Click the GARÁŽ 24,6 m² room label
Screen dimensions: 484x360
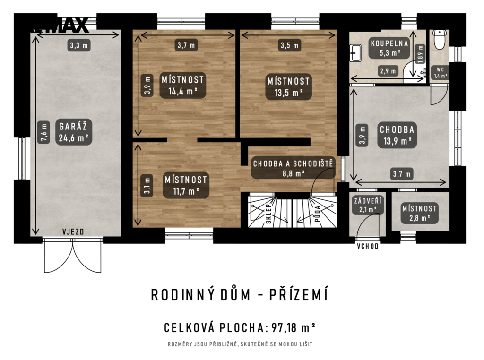[74, 132]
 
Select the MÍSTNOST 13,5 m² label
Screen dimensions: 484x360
[289, 86]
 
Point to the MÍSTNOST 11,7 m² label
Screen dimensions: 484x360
[186, 185]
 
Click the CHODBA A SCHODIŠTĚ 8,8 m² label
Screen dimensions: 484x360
[293, 168]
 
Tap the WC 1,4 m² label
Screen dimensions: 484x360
[441, 73]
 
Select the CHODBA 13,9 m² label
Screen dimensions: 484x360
[397, 135]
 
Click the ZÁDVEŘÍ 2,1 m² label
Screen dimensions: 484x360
[368, 205]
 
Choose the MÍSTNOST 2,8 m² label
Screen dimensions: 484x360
[419, 213]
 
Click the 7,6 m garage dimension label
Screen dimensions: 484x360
[44, 133]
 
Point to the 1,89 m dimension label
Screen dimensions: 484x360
[420, 54]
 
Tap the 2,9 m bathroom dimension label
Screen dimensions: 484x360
[388, 71]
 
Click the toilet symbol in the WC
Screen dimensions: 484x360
[439, 39]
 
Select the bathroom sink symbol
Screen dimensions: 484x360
[355, 53]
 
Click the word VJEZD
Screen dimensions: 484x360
[73, 231]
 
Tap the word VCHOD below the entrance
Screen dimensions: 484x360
[368, 246]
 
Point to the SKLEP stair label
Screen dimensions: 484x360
[268, 214]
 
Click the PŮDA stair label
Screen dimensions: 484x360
[318, 214]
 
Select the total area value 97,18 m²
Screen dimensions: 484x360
[293, 327]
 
